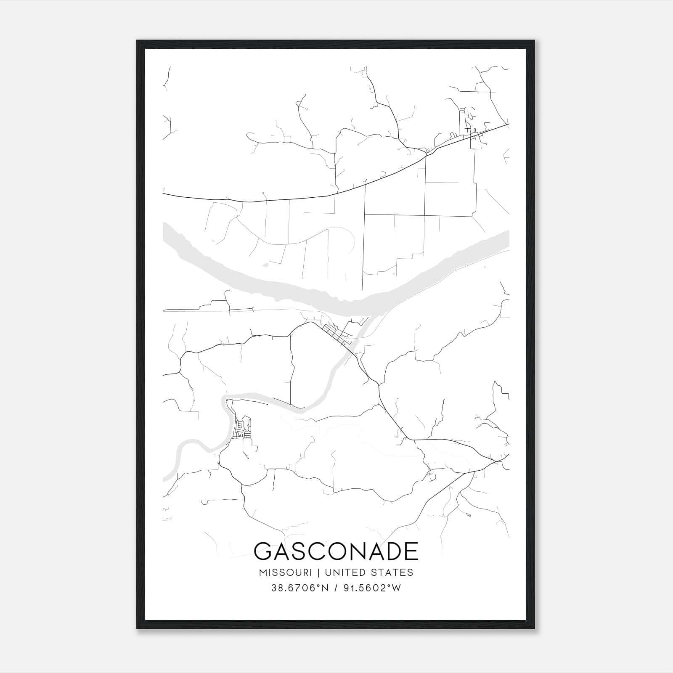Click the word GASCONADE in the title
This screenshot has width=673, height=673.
pos(336,551)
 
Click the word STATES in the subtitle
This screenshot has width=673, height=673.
pos(392,572)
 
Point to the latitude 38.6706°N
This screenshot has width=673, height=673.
pos(299,588)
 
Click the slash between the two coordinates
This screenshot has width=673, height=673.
pos(335,588)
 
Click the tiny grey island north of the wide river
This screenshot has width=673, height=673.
pos(265,265)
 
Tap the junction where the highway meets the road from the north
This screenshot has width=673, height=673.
pos(426,155)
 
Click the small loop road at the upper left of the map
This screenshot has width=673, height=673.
pos(300,103)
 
